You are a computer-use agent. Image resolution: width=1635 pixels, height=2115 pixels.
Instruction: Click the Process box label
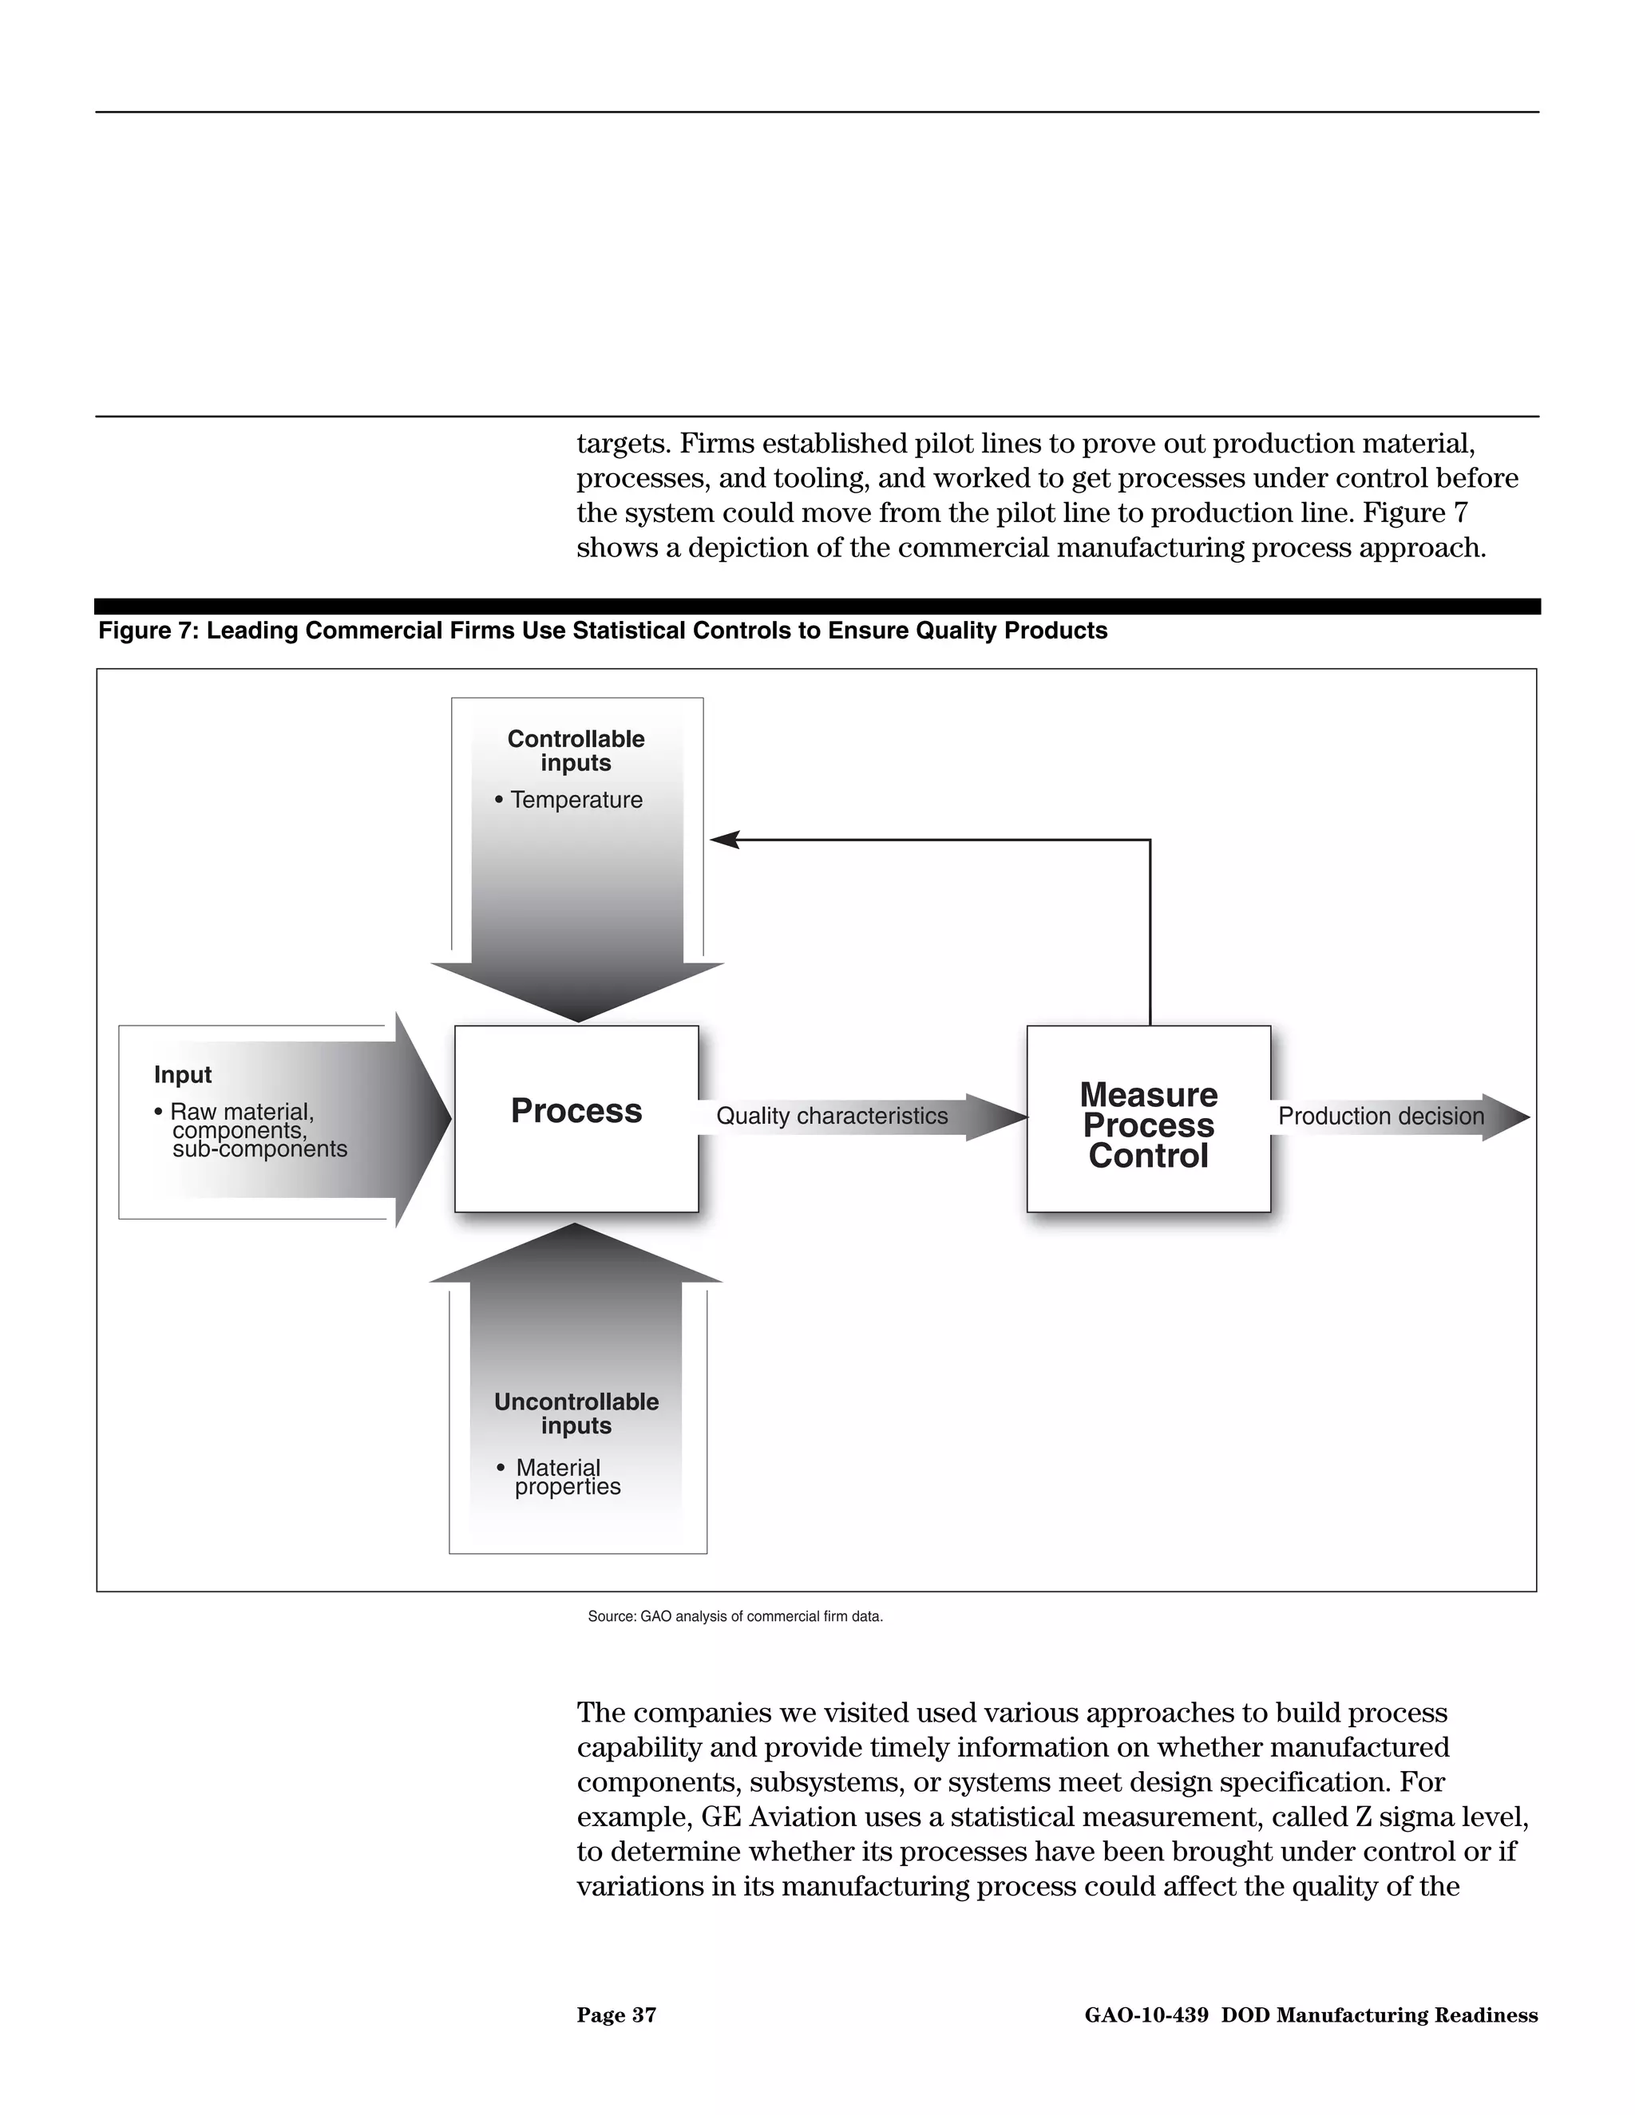(576, 1111)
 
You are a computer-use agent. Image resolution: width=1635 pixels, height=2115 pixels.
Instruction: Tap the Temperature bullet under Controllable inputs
(576, 800)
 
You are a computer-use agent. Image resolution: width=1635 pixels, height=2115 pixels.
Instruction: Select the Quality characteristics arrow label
(831, 1116)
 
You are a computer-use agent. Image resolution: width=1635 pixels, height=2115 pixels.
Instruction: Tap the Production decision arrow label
(1380, 1116)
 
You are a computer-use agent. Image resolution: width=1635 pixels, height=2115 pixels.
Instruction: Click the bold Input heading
(182, 1074)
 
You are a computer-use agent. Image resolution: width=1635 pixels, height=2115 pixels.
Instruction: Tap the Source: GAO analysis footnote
(734, 1616)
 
